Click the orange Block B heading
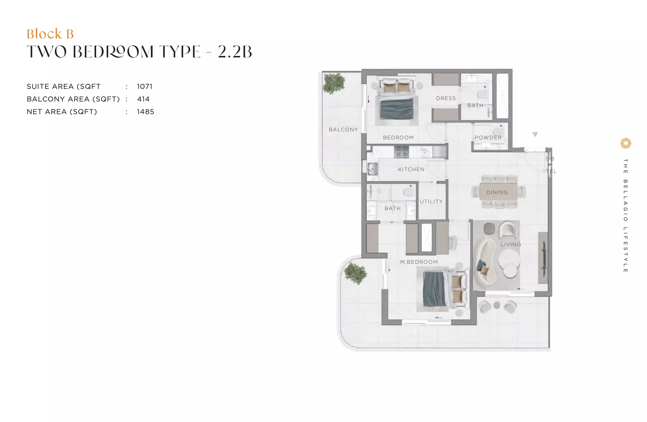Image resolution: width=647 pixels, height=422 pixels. (50, 34)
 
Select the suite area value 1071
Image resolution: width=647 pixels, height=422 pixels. (145, 87)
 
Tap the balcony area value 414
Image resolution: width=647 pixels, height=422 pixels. (143, 99)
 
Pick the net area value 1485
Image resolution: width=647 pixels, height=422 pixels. (145, 112)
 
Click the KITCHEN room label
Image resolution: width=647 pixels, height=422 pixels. (411, 169)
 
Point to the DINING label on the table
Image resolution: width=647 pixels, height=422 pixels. (497, 192)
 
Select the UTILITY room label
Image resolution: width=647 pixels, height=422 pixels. (431, 202)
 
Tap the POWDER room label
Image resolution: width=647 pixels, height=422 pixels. (488, 138)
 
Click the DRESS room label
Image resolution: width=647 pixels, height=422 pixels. (446, 98)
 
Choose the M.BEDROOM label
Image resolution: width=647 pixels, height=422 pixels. (419, 262)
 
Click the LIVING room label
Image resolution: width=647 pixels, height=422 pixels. (511, 245)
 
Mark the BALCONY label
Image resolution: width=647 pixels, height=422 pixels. (343, 130)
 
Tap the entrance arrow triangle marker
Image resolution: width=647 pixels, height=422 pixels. (535, 134)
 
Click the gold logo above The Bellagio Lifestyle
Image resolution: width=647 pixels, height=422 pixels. (626, 143)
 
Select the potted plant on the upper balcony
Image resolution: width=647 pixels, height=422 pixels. (334, 83)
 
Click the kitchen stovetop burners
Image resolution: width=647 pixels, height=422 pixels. (402, 152)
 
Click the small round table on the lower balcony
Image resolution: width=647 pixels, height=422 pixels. (497, 305)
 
